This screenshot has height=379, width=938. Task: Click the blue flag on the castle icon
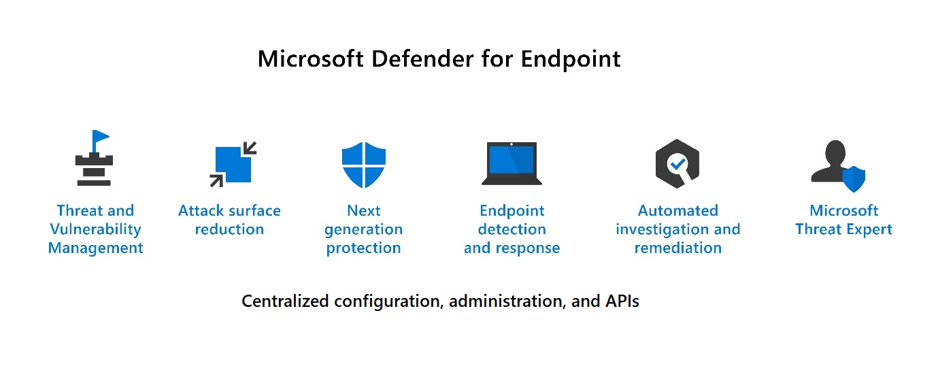pyautogui.click(x=100, y=137)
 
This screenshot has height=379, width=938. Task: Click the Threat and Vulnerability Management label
pyautogui.click(x=95, y=229)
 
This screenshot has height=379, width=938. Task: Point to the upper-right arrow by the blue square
pyautogui.click(x=250, y=148)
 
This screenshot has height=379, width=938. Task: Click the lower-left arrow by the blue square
pyautogui.click(x=217, y=180)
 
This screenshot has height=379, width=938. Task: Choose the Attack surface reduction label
pyautogui.click(x=229, y=220)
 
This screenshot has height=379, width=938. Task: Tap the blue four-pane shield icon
pyautogui.click(x=363, y=165)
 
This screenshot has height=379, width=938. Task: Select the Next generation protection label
pyautogui.click(x=363, y=229)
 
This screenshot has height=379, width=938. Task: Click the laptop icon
pyautogui.click(x=512, y=163)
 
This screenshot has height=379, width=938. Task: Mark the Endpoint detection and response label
pyautogui.click(x=512, y=229)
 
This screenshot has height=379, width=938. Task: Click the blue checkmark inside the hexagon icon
pyautogui.click(x=677, y=163)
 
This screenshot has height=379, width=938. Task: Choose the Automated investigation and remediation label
pyautogui.click(x=677, y=229)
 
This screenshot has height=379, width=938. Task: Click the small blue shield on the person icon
pyautogui.click(x=854, y=179)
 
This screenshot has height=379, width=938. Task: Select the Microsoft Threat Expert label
pyautogui.click(x=843, y=220)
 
